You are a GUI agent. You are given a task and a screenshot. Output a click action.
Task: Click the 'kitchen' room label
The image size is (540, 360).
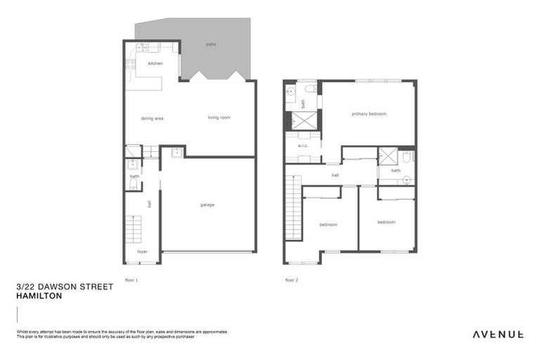tap(155, 64)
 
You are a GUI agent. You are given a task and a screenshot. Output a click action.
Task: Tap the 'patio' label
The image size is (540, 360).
tap(211, 44)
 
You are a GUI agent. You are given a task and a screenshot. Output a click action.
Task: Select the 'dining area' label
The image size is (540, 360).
tap(152, 118)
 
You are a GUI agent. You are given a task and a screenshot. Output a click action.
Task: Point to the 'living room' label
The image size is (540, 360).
tap(219, 117)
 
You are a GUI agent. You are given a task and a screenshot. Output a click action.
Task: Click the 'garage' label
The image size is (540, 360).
tap(207, 205)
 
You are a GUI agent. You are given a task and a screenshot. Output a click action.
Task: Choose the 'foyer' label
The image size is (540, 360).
tap(143, 251)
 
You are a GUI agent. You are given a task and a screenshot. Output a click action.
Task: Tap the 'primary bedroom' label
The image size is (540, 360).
tap(369, 114)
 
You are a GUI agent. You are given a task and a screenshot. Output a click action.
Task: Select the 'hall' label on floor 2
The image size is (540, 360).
tap(335, 175)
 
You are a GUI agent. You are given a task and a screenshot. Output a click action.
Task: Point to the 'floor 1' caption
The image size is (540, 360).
tap(131, 280)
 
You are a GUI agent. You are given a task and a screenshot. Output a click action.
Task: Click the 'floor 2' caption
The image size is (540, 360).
tap(292, 280)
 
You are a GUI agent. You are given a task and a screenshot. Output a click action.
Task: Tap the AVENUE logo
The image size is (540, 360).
tap(497, 335)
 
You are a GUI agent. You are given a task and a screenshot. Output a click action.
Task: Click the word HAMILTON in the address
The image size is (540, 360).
tap(39, 297)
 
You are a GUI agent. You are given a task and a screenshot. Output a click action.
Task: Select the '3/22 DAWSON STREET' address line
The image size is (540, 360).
tap(64, 288)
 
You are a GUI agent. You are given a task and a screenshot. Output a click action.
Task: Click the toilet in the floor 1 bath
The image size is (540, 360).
tap(133, 185)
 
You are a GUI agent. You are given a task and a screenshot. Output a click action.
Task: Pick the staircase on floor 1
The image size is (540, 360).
tap(134, 229)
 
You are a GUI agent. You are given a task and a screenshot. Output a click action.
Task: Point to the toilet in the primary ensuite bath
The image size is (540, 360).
tap(310, 89)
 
